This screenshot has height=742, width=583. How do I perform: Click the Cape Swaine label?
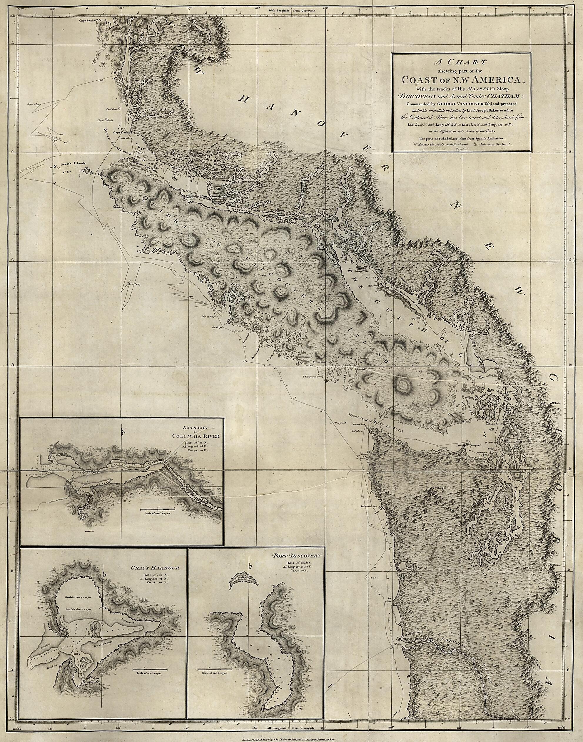pos(87,21)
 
